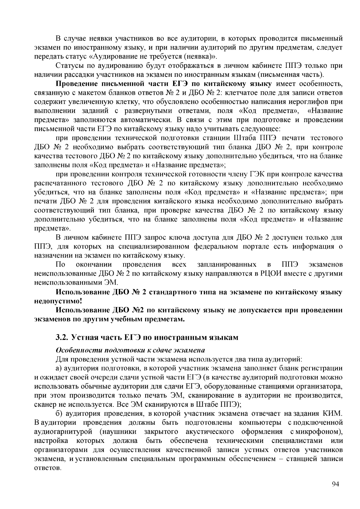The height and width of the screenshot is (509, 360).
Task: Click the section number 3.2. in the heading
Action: point(62,337)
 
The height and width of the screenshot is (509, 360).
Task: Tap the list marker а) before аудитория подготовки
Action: point(59,368)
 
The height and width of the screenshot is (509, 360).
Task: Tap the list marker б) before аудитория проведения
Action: point(59,414)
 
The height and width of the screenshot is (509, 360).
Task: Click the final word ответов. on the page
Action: point(47,468)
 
